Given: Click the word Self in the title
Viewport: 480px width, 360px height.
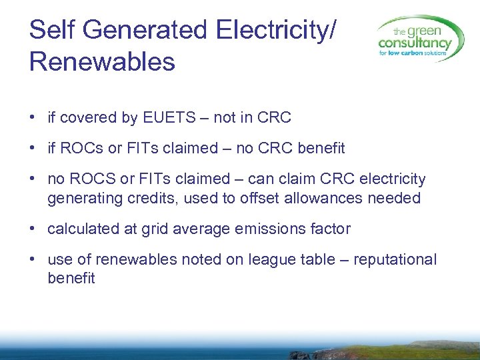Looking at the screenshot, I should [51, 30].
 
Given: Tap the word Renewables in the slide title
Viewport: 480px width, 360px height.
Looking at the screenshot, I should [102, 61].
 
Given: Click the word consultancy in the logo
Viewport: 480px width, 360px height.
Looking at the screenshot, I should [415, 44].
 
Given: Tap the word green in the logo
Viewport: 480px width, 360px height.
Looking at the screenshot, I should [428, 31].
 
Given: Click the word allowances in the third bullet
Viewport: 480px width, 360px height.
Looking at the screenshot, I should [325, 198].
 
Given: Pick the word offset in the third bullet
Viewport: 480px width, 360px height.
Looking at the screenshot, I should [259, 198].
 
